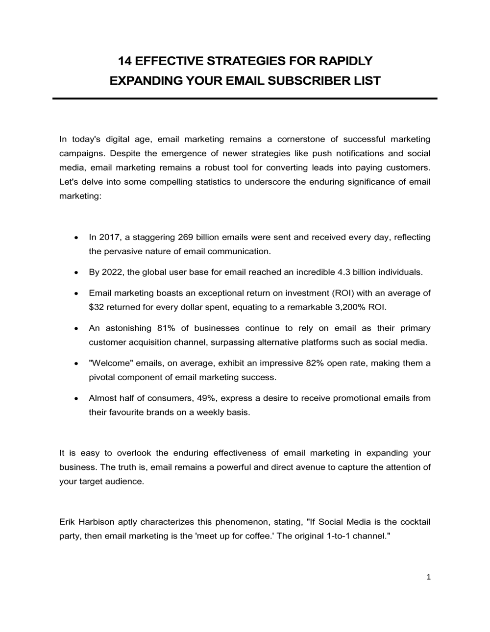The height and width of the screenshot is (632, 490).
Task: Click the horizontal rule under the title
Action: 245,98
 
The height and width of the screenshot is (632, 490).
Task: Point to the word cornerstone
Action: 304,140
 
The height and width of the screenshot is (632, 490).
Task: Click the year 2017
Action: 109,238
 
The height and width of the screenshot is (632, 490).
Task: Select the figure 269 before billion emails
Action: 186,238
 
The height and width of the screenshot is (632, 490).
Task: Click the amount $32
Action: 96,308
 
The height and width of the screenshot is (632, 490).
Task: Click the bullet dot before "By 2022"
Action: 75,272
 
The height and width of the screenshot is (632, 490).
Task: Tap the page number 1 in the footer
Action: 428,577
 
